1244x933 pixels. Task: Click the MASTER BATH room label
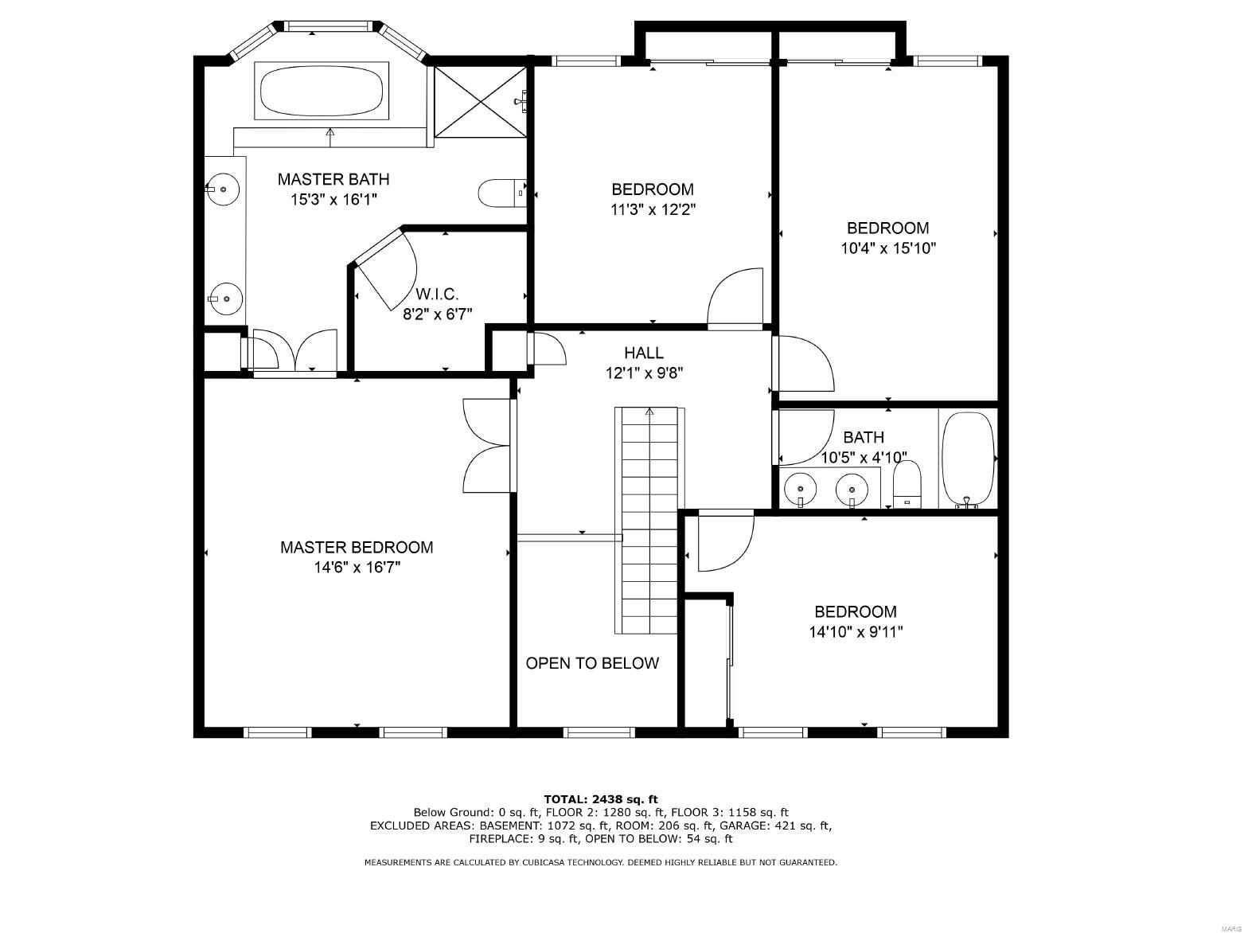[x=333, y=179]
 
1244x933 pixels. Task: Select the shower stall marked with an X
[x=479, y=101]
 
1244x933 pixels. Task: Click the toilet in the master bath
[x=499, y=192]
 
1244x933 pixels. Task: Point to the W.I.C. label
[x=437, y=294]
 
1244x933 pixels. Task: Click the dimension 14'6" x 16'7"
[x=357, y=568]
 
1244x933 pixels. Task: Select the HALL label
[x=643, y=353]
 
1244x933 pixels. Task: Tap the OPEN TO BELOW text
[x=592, y=663]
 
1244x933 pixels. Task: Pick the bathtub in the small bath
[x=968, y=459]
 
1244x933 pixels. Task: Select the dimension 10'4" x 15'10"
[x=887, y=248]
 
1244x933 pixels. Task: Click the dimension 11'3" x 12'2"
[x=652, y=210]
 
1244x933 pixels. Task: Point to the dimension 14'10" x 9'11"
[x=855, y=632]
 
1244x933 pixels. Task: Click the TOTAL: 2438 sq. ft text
[x=600, y=798]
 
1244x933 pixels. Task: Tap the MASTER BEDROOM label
[x=357, y=548]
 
